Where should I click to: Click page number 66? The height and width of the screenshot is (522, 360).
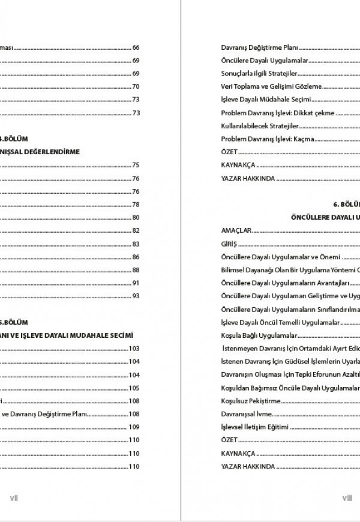(136, 47)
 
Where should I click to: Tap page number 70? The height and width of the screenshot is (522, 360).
(136, 86)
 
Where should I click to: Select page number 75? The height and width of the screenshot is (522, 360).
(136, 165)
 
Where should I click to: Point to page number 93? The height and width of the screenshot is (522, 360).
(136, 296)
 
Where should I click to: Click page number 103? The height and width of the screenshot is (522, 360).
(134, 349)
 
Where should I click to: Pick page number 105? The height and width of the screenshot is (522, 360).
(134, 388)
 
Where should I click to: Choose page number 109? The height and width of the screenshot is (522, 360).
(134, 427)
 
